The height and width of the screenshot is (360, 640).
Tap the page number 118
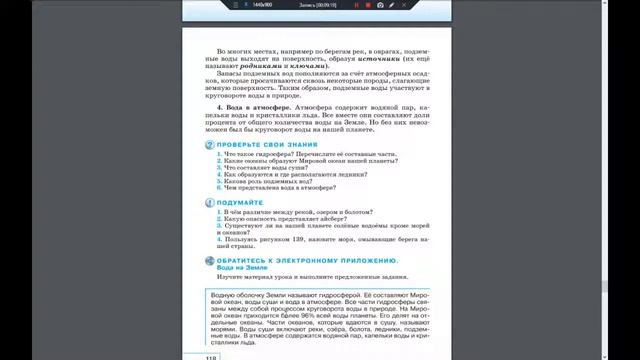210,356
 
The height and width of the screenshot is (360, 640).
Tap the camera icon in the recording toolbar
380,5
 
